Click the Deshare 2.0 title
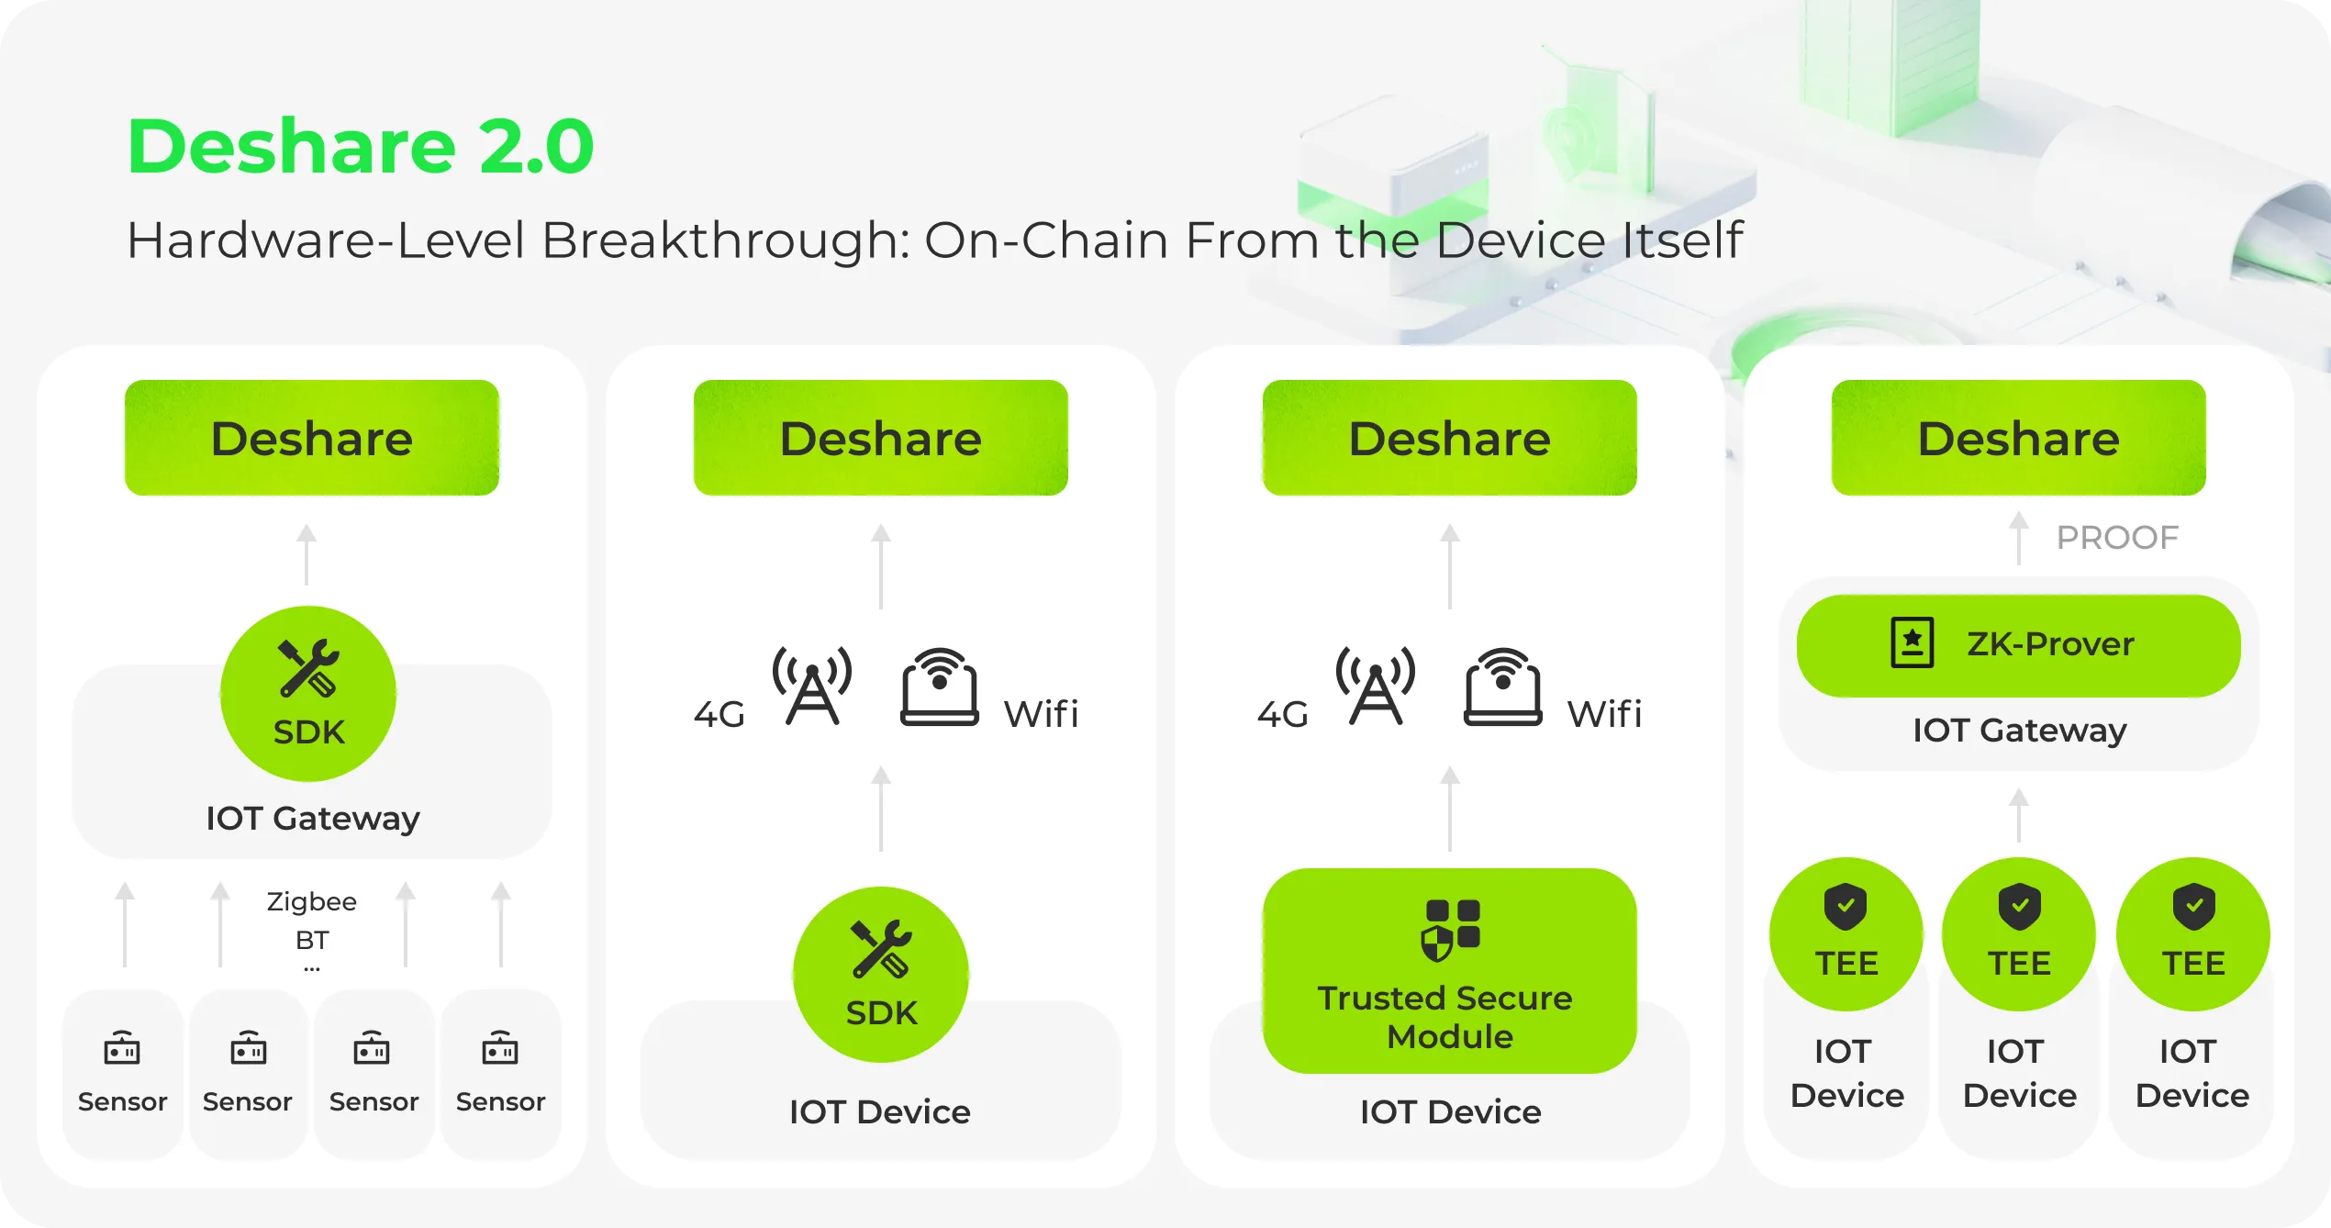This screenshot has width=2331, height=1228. click(360, 147)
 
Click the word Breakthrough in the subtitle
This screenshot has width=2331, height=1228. click(722, 240)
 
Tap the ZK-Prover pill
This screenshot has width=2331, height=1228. click(2018, 645)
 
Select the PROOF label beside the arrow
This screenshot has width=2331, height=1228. click(2116, 538)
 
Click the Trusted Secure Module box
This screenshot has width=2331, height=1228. click(1449, 971)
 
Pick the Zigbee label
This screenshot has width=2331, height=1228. click(311, 901)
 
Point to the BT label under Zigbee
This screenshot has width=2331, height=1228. click(311, 940)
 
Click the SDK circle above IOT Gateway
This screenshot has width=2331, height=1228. click(308, 694)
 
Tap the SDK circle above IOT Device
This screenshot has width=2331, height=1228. click(880, 974)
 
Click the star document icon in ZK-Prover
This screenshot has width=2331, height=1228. click(1912, 642)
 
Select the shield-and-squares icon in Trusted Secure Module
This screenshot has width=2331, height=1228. click(1450, 929)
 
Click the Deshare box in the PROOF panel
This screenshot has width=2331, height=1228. click(2018, 438)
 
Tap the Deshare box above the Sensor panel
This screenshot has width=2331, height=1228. click(311, 438)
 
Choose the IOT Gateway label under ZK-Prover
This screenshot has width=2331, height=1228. click(2019, 731)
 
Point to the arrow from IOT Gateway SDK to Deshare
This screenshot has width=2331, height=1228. click(307, 554)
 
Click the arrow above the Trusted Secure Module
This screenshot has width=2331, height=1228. click(1449, 809)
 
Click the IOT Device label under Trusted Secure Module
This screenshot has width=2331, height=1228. click(1450, 1112)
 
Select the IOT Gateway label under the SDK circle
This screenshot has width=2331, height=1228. click(312, 819)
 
